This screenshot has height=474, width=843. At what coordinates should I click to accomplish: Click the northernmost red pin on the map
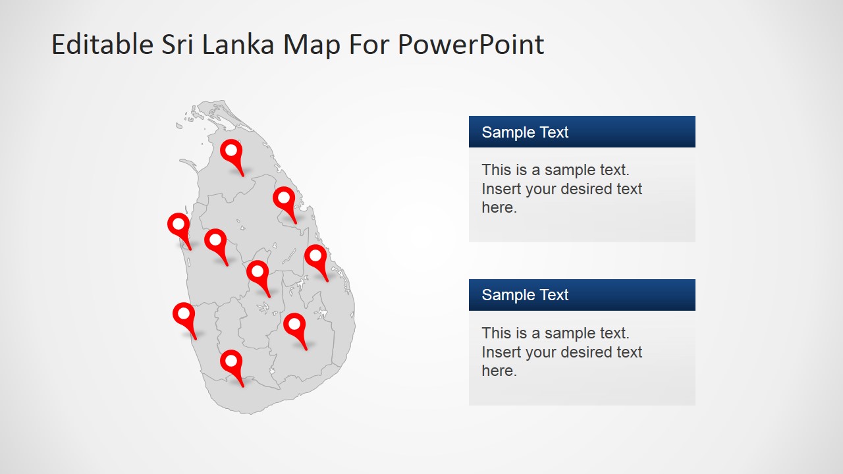[231, 151]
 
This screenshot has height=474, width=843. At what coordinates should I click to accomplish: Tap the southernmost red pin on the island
[231, 362]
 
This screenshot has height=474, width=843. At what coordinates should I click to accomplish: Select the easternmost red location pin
[315, 257]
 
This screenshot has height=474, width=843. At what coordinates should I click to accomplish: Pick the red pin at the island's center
[258, 273]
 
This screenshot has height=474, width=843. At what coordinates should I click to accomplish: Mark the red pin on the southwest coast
[184, 315]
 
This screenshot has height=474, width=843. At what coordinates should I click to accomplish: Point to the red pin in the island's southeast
[294, 325]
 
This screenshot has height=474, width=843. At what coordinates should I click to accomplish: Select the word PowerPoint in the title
[471, 45]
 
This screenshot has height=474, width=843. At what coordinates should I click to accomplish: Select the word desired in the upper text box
[564, 189]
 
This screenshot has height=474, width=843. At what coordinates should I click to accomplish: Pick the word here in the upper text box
[498, 207]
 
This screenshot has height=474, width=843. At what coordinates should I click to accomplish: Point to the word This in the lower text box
[496, 333]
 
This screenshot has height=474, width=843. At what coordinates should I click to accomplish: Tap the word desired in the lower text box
[564, 352]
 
